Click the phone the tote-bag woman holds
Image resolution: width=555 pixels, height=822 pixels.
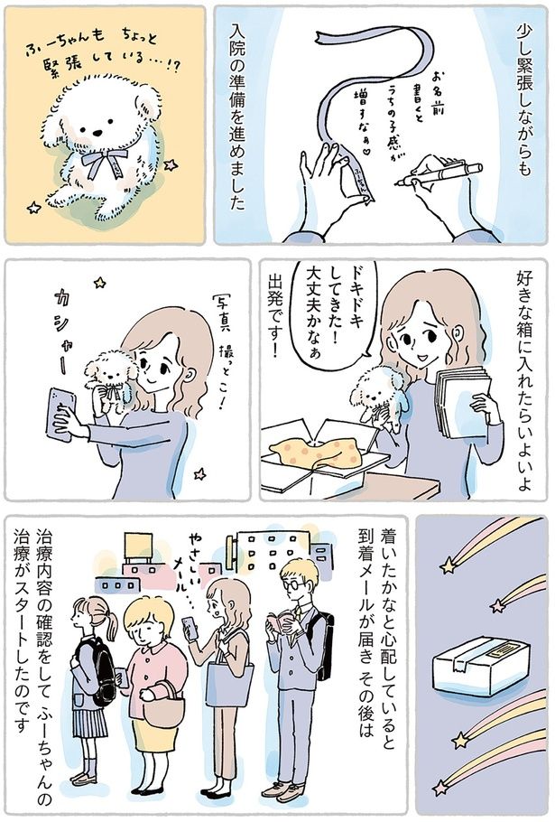190,627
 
